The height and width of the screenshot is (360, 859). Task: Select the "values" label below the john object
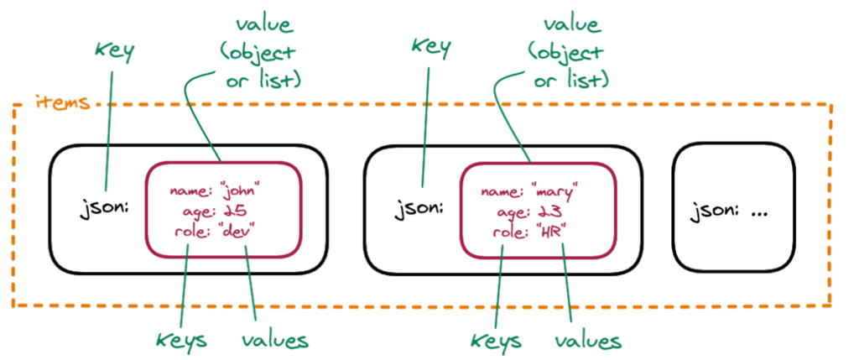pyautogui.click(x=275, y=340)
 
